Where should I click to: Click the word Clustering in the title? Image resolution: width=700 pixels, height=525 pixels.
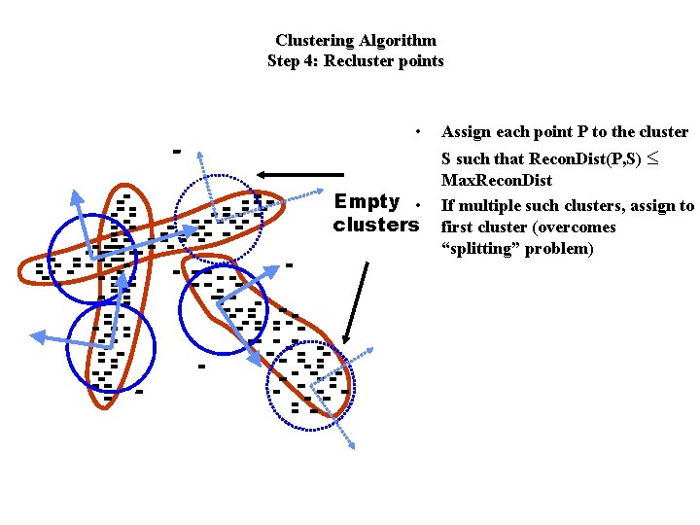pyautogui.click(x=314, y=41)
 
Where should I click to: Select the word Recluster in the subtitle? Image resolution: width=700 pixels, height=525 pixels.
pyautogui.click(x=360, y=61)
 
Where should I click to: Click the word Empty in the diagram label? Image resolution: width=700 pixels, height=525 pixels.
pyautogui.click(x=367, y=202)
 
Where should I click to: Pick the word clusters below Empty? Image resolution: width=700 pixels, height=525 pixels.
pyautogui.click(x=374, y=226)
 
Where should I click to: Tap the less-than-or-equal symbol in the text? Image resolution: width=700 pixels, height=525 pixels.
pyautogui.click(x=665, y=158)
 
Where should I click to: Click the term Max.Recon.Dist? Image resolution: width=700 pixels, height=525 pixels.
pyautogui.click(x=496, y=181)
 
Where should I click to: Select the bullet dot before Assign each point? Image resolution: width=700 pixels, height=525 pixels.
pyautogui.click(x=416, y=131)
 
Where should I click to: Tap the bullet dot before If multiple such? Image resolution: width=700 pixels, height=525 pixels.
pyautogui.click(x=416, y=205)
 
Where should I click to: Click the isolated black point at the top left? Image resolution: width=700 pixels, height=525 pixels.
pyautogui.click(x=176, y=151)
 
